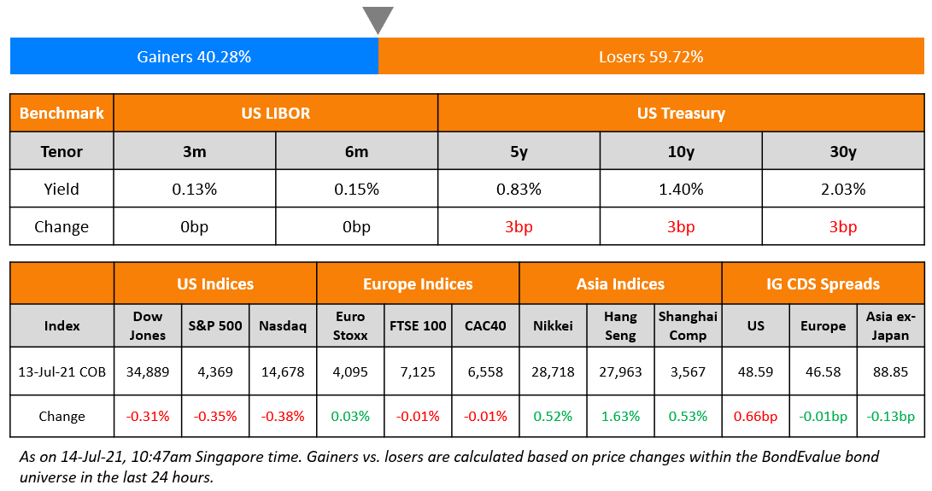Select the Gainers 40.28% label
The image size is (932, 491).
tap(194, 57)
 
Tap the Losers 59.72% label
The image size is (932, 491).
tap(651, 57)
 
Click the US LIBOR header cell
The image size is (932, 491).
tap(275, 113)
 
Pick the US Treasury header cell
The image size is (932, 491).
tap(681, 113)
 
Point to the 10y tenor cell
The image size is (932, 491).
tap(681, 151)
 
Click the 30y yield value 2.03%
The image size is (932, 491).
tap(842, 189)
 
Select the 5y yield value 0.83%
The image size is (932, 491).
tap(519, 189)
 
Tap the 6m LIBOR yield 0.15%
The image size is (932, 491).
tap(356, 189)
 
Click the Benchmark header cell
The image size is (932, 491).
tap(62, 113)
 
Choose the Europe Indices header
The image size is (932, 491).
tap(418, 283)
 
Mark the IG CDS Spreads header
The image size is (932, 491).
tap(823, 283)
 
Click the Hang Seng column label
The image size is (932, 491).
tap(620, 325)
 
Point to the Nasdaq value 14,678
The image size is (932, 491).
tap(282, 372)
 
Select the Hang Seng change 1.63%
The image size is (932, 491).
tap(620, 417)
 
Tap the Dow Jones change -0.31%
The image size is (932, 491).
tap(148, 417)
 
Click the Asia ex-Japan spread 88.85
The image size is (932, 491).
tap(890, 372)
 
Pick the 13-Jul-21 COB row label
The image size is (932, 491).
tap(62, 372)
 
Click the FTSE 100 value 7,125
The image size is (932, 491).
tap(418, 372)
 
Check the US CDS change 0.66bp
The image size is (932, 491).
tap(755, 417)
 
